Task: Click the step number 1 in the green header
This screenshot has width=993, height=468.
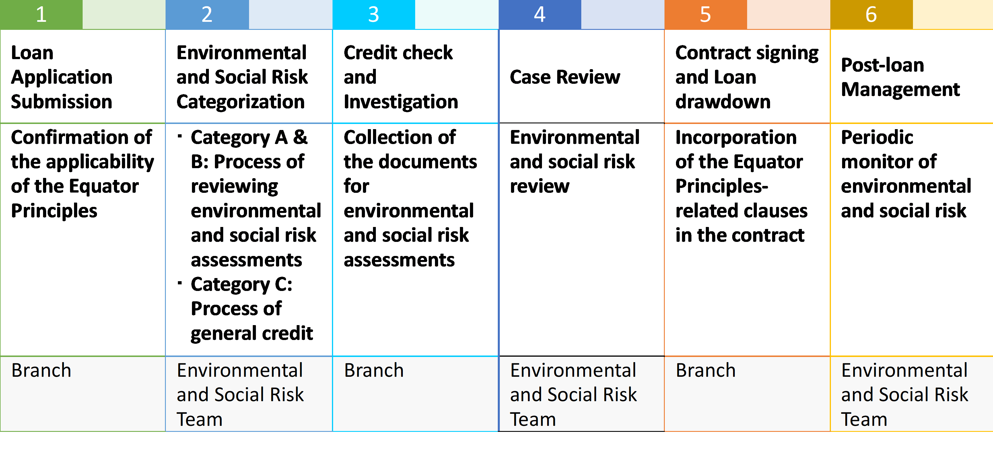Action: pyautogui.click(x=41, y=14)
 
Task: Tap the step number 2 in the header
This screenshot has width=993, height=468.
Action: pyautogui.click(x=207, y=14)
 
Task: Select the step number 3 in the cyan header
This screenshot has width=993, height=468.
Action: pyautogui.click(x=374, y=14)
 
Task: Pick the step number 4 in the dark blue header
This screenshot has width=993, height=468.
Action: pyautogui.click(x=540, y=14)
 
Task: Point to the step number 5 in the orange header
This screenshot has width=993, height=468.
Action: pyautogui.click(x=706, y=14)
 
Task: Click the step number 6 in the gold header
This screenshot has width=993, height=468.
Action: pyautogui.click(x=871, y=14)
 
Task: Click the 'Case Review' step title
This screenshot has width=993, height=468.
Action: pyautogui.click(x=565, y=77)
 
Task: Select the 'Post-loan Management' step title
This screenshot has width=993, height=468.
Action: pyautogui.click(x=901, y=77)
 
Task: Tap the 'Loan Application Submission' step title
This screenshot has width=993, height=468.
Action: pyautogui.click(x=62, y=77)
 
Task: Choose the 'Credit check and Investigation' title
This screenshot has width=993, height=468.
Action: pyautogui.click(x=401, y=77)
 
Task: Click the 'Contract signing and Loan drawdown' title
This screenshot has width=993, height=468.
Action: pyautogui.click(x=747, y=77)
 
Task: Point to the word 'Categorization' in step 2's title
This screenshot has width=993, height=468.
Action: pyautogui.click(x=240, y=102)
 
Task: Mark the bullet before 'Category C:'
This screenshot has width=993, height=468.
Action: pyautogui.click(x=180, y=283)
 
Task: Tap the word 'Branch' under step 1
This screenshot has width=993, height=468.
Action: pyautogui.click(x=41, y=370)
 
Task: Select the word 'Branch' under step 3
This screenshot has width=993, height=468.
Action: pyautogui.click(x=374, y=370)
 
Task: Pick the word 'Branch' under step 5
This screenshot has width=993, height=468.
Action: pyautogui.click(x=706, y=370)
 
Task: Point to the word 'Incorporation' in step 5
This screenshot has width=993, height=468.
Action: pyautogui.click(x=736, y=138)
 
